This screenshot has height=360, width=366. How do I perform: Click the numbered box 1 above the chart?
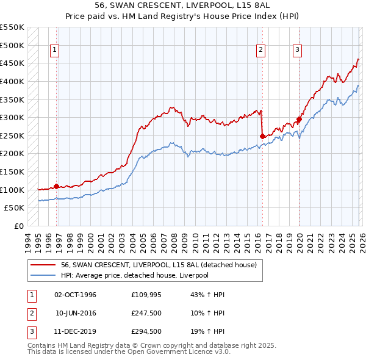click(x=55, y=50)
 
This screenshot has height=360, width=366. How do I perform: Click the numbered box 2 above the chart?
click(x=260, y=50)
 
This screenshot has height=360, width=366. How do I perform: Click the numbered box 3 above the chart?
click(x=297, y=50)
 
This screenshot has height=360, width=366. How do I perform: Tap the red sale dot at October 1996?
click(x=57, y=186)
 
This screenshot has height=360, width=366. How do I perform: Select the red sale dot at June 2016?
click(x=262, y=136)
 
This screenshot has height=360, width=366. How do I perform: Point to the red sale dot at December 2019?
click(x=299, y=120)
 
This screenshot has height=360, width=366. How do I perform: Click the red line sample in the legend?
click(x=43, y=265)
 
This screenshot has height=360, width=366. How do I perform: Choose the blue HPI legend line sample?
click(x=43, y=275)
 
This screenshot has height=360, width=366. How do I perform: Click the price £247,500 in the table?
click(x=145, y=312)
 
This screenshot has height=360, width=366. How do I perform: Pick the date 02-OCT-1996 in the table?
click(x=76, y=295)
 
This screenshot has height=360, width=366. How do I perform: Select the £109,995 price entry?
click(x=145, y=295)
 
